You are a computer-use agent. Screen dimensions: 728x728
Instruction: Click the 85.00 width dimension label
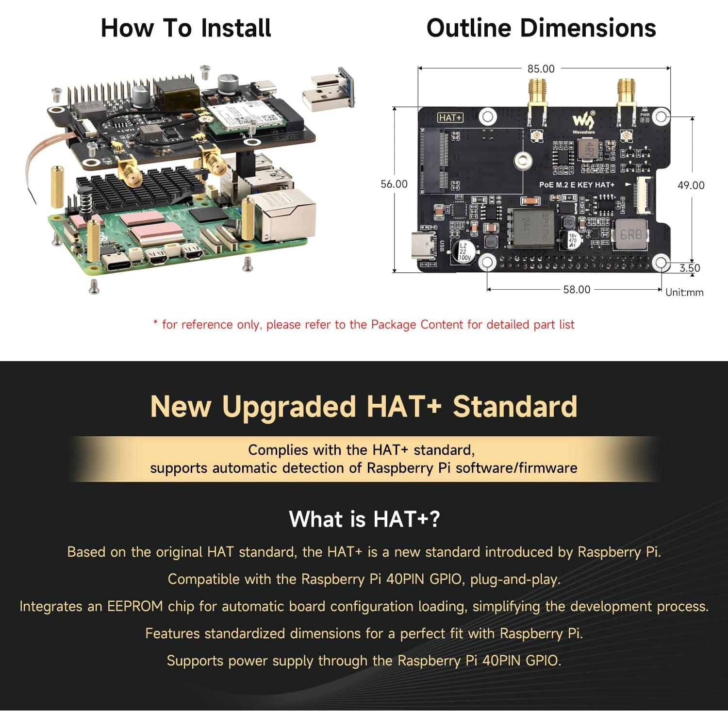(x=541, y=69)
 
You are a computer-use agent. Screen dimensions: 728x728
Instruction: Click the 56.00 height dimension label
(x=394, y=184)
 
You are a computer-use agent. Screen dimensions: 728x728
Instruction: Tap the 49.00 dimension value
(x=691, y=185)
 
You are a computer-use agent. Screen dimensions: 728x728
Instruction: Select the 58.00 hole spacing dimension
(x=577, y=290)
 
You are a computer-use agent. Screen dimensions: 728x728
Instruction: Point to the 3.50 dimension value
(x=690, y=268)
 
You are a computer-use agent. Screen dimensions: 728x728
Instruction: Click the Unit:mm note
(x=684, y=292)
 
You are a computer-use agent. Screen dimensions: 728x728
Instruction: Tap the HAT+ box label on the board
(x=450, y=117)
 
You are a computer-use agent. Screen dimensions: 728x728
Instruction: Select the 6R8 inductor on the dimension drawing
(x=631, y=235)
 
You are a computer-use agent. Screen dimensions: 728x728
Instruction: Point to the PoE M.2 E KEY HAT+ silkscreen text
(x=577, y=185)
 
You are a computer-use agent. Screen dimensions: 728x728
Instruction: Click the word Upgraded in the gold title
(x=289, y=407)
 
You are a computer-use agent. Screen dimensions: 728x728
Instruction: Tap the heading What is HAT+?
(x=364, y=519)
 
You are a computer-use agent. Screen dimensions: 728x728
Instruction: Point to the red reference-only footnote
(x=364, y=324)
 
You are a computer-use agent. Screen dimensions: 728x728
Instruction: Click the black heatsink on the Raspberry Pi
(x=146, y=189)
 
